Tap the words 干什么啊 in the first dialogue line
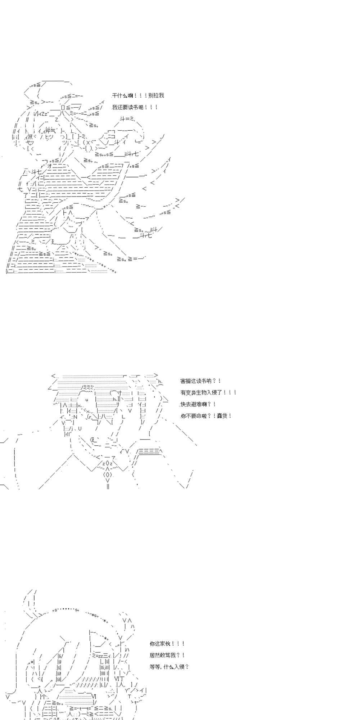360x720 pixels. click(122, 95)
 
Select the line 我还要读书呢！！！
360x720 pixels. click(135, 107)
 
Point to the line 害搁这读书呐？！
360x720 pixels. click(201, 381)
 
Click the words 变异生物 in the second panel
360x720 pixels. click(197, 392)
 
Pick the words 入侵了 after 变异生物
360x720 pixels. click(215, 392)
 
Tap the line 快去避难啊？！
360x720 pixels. click(198, 404)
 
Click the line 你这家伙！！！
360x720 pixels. click(167, 644)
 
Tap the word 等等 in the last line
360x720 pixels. click(155, 667)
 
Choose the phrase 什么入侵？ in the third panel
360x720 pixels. click(176, 667)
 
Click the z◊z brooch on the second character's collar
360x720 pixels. click(108, 464)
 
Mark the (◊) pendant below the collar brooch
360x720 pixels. click(108, 474)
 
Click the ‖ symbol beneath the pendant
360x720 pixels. click(108, 486)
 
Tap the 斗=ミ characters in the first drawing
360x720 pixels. click(127, 119)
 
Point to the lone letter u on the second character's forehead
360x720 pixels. click(87, 400)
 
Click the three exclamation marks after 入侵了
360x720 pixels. click(230, 392)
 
